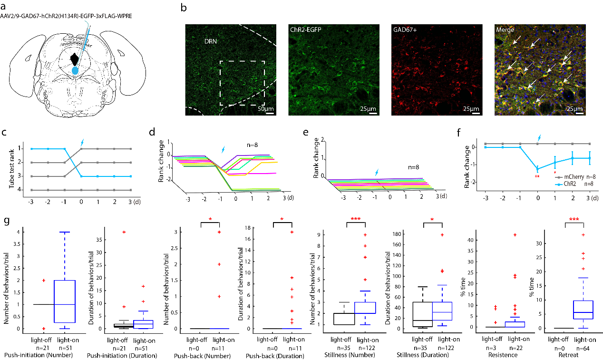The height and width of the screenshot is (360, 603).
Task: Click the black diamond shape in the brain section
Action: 74,59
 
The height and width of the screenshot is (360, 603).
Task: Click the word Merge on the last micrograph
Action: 506,30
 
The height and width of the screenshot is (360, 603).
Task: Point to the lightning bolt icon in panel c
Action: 83,142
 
